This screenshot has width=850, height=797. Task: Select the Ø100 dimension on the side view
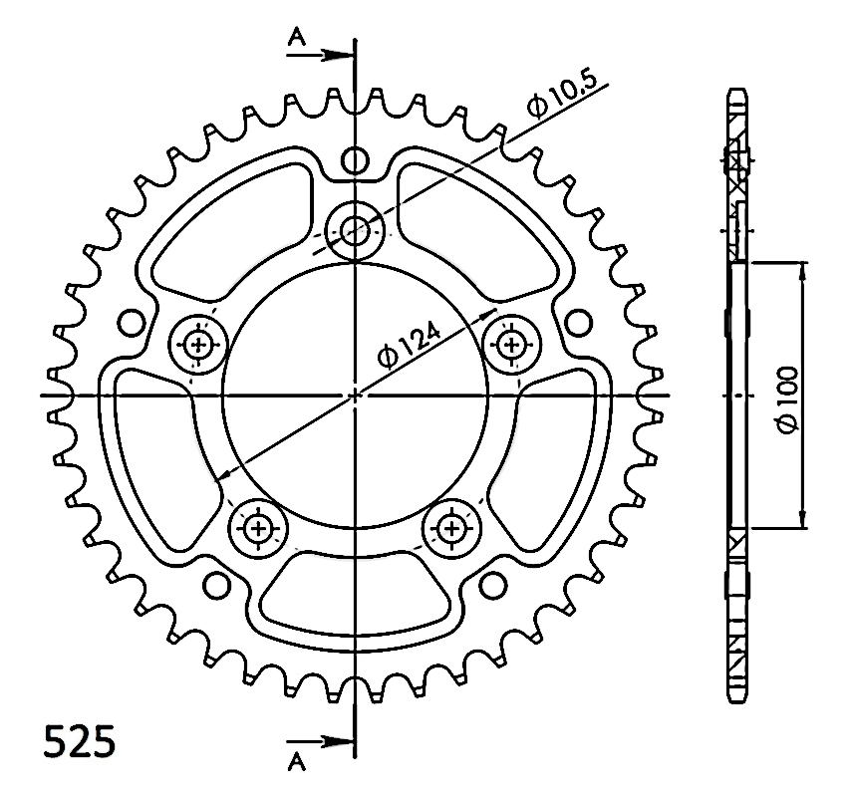click(x=787, y=399)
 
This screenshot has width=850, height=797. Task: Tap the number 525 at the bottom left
click(x=79, y=741)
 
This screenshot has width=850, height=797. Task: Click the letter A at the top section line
click(x=297, y=38)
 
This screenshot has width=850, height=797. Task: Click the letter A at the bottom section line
click(x=297, y=763)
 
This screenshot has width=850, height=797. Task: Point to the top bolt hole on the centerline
click(x=355, y=230)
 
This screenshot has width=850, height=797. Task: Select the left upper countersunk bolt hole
click(x=197, y=344)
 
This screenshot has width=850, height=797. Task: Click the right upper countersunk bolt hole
click(x=511, y=343)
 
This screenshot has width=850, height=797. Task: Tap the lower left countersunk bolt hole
click(x=257, y=527)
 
